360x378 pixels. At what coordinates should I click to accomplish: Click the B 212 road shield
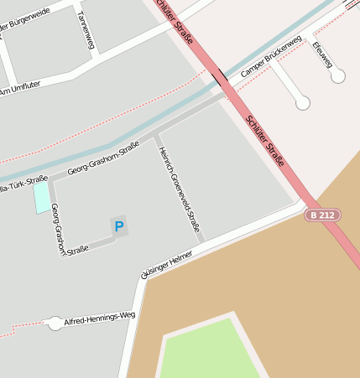click(323, 215)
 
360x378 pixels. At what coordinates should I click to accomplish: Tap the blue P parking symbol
click(118, 225)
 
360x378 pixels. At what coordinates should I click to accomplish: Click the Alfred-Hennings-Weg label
click(99, 318)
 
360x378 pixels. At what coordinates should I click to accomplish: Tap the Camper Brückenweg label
click(270, 57)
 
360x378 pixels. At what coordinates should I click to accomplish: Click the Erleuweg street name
click(321, 53)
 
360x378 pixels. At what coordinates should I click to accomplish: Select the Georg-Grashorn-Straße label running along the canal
click(103, 158)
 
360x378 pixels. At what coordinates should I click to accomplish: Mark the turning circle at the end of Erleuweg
click(338, 76)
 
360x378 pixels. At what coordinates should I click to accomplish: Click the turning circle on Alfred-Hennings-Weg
click(55, 323)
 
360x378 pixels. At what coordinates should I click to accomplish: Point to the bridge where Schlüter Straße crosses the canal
click(220, 78)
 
